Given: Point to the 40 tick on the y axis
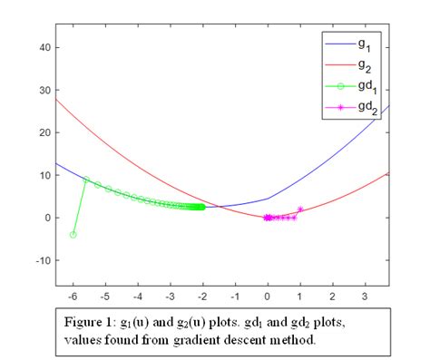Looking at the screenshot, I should [42, 47].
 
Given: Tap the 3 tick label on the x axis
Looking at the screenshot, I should [365, 296].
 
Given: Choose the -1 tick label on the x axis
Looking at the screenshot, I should [233, 296].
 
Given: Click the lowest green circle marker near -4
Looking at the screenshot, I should [73, 234].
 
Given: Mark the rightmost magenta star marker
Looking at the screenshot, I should [300, 209].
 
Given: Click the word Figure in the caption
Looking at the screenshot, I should [84, 323].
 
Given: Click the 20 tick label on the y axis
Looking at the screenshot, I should [42, 132].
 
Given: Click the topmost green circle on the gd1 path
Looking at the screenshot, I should [86, 180].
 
